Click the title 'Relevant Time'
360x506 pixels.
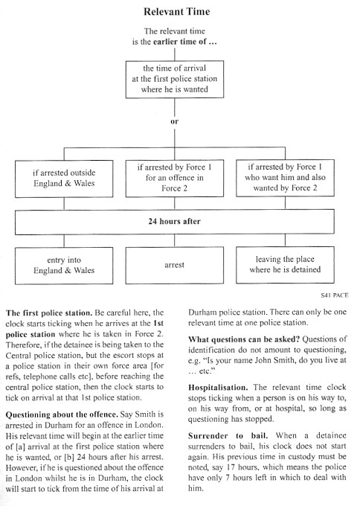(x=177, y=12)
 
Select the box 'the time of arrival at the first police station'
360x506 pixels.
(x=175, y=79)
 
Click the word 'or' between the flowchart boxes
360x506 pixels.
(x=175, y=121)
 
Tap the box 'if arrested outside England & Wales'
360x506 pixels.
(x=64, y=179)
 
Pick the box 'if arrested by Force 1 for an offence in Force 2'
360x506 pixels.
(x=175, y=178)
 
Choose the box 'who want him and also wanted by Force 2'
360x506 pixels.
(x=285, y=178)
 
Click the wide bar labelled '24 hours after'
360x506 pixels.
(x=175, y=222)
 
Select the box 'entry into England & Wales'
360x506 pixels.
(x=64, y=266)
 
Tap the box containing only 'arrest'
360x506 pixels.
(x=175, y=265)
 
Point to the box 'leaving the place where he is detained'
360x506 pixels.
(x=285, y=265)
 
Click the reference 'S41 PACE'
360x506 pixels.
(x=335, y=295)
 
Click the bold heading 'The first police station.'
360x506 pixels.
(x=49, y=313)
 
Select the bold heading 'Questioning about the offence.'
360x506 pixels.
(x=61, y=414)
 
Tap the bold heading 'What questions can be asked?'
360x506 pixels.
(x=244, y=339)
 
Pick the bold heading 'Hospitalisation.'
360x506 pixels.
(x=218, y=387)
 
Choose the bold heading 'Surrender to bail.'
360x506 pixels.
(x=228, y=435)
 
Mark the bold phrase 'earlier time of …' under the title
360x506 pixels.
(x=185, y=42)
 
